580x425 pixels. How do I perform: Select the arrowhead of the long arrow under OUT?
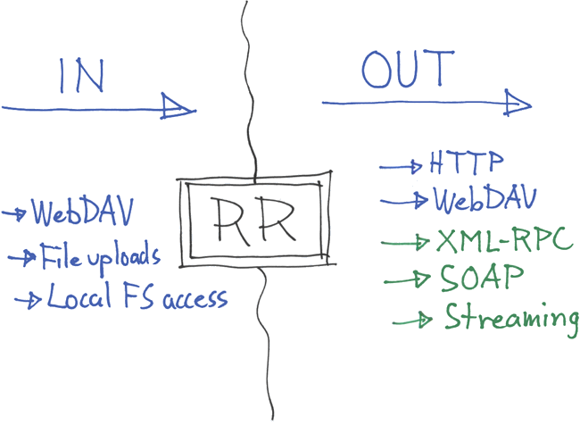click(x=517, y=103)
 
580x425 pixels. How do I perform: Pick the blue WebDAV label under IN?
click(x=80, y=213)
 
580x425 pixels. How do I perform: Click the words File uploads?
click(x=99, y=257)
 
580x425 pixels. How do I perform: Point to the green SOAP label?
click(x=481, y=279)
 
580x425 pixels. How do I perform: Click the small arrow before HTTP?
click(x=402, y=166)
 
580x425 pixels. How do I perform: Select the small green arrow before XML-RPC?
click(x=407, y=241)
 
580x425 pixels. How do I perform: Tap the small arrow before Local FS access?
click(x=29, y=300)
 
